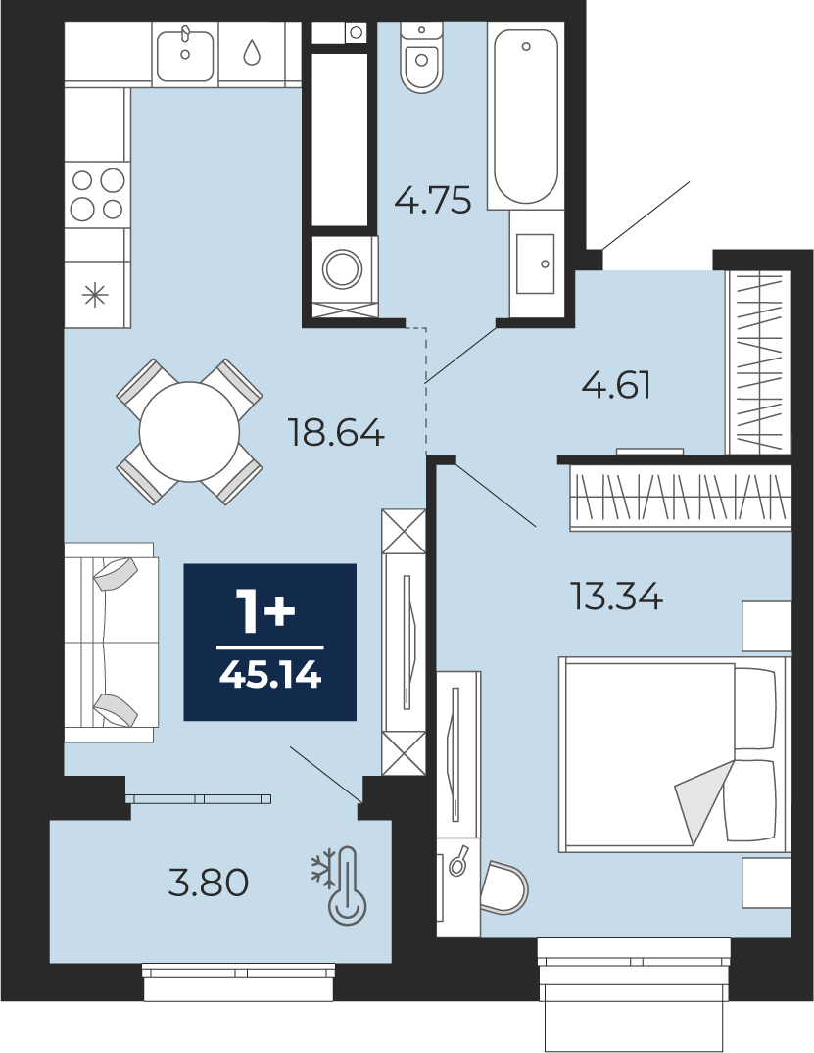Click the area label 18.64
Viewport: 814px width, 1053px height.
336,432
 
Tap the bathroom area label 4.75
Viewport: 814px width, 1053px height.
433,200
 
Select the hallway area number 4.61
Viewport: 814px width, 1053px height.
616,386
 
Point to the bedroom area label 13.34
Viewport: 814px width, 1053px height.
616,596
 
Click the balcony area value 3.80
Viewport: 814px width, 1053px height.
209,883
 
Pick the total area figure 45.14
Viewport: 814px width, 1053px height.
270,675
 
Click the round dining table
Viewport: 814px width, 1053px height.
189,432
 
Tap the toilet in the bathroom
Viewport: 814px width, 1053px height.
422,57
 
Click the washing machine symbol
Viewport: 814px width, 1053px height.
343,269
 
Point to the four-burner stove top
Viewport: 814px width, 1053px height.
98,195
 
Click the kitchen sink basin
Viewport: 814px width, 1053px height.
185,53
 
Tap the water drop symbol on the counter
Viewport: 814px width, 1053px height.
252,52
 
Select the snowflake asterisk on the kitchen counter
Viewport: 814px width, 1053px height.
95,295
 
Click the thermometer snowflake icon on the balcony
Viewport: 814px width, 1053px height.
340,884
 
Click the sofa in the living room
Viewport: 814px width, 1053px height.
111,642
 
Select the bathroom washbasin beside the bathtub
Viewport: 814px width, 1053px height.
535,263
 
